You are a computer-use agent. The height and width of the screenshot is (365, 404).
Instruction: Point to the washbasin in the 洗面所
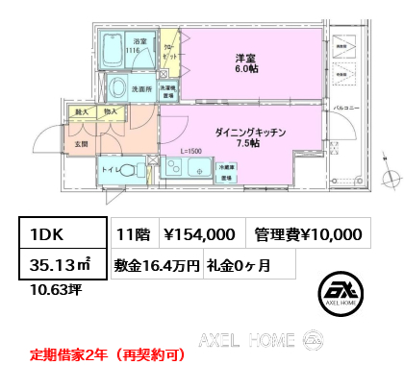(x=120, y=89)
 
